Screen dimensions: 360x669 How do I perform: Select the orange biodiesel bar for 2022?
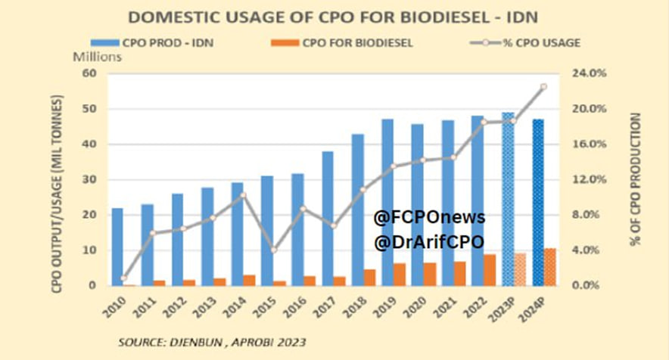coord(490,270)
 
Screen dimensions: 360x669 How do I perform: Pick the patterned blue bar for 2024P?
coord(537,202)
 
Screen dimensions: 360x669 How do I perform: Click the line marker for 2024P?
coord(543,87)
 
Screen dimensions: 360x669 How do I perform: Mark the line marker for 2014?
coord(243,195)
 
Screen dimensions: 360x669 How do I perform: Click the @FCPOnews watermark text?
coord(428,218)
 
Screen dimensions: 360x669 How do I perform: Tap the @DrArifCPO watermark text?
coord(428,242)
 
